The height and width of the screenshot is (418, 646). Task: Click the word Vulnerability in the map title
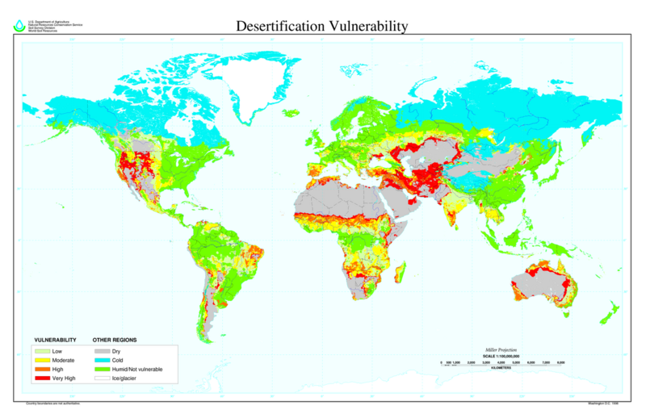[367, 26]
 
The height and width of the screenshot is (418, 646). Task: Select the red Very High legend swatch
[42, 378]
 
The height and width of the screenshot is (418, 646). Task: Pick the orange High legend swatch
[42, 369]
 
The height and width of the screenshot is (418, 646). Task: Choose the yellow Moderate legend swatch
[42, 360]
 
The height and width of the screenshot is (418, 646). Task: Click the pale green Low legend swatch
[42, 351]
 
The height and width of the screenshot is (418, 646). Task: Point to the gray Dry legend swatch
[102, 351]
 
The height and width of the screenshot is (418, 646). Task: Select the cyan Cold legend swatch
[102, 360]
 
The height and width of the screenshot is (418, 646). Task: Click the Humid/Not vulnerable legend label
[139, 369]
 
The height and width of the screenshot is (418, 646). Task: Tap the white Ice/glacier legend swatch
[102, 378]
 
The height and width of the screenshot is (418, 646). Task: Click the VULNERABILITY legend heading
[55, 340]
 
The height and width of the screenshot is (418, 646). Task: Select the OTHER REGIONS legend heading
[115, 340]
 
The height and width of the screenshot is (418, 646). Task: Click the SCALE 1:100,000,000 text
[501, 354]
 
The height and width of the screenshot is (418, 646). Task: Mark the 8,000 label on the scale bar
[560, 362]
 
